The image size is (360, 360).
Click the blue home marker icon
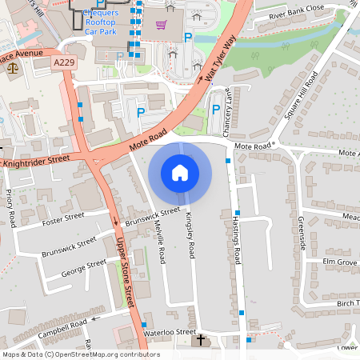(x=180, y=172)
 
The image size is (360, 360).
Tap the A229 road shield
(x=64, y=62)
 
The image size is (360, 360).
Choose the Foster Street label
(x=64, y=217)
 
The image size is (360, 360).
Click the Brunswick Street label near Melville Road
(x=153, y=217)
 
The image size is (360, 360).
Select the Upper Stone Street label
(x=126, y=264)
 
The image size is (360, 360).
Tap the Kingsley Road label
(x=190, y=233)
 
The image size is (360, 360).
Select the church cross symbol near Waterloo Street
(x=201, y=341)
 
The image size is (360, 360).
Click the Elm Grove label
(x=339, y=262)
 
